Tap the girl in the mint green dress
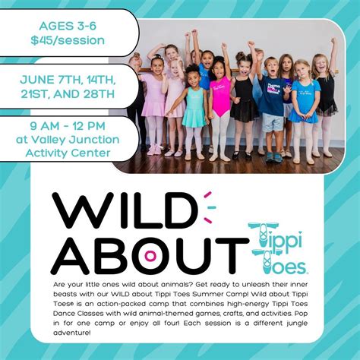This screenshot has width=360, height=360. click(x=193, y=106)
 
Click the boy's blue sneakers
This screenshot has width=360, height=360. click(x=271, y=157)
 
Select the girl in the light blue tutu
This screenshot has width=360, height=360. click(x=303, y=103)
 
